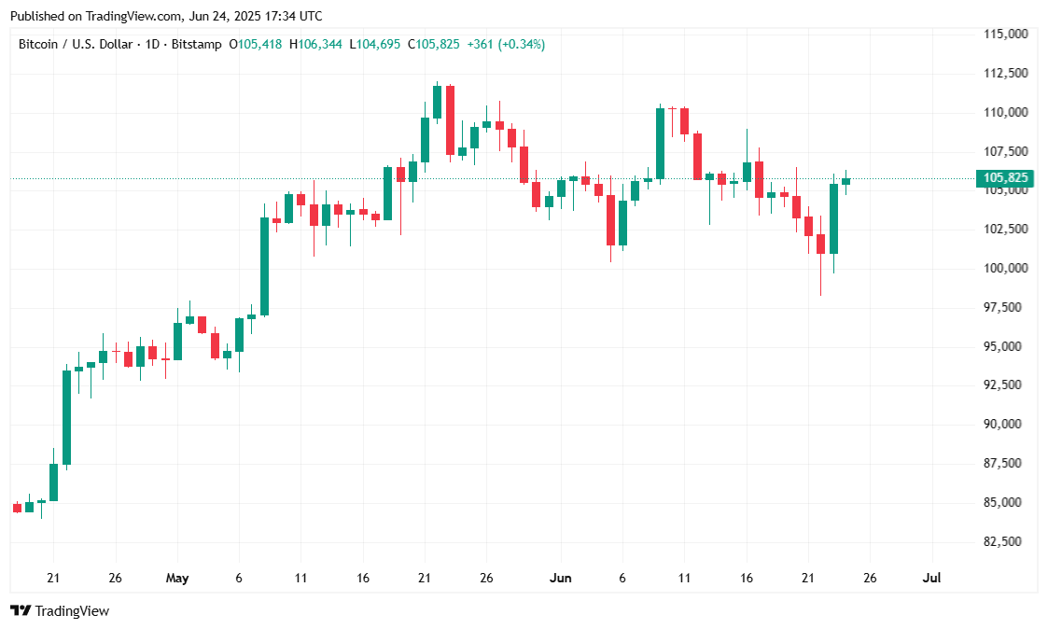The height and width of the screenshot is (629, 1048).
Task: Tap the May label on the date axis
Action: point(176,579)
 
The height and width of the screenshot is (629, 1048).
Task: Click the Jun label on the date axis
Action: point(560,579)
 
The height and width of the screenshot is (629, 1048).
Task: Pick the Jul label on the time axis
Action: point(931,579)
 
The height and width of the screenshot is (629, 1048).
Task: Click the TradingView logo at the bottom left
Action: point(60,611)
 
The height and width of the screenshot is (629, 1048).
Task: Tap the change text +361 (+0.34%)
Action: point(506,44)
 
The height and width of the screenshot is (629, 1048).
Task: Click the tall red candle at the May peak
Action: point(450,119)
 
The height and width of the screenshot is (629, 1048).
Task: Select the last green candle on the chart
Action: point(845,181)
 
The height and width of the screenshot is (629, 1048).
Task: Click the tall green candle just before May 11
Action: point(264,266)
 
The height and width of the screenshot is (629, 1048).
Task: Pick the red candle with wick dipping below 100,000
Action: point(821,245)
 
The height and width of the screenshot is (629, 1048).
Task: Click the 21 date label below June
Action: point(808,579)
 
